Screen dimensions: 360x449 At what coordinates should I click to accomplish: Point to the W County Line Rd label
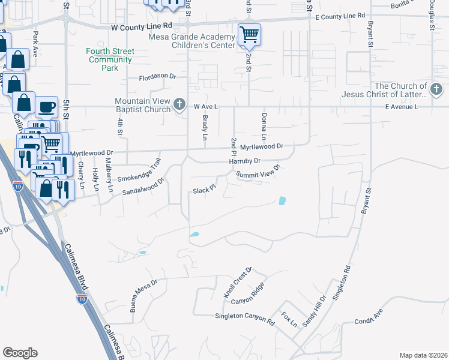click(142, 27)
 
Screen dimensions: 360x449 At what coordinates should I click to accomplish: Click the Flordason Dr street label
click(157, 77)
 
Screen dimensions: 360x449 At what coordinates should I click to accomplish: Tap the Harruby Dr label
click(244, 161)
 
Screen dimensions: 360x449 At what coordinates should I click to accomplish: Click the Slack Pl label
click(203, 191)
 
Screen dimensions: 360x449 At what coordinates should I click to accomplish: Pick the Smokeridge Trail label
click(139, 171)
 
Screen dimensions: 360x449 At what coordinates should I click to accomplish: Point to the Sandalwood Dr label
click(143, 188)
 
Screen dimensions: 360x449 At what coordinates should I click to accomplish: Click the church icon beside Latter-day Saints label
click(436, 91)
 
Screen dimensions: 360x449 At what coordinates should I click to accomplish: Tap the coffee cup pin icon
click(46, 107)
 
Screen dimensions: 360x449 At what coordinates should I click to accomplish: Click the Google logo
click(20, 353)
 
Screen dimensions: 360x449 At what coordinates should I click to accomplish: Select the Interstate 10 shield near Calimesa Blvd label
click(82, 298)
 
